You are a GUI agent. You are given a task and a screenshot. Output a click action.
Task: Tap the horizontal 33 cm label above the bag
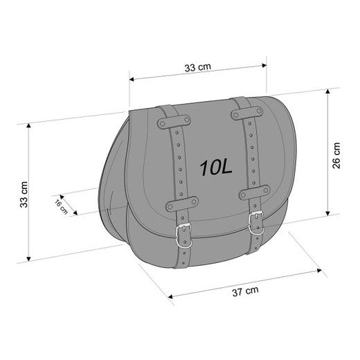(198, 68)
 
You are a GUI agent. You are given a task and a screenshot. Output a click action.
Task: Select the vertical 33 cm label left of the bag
(24, 195)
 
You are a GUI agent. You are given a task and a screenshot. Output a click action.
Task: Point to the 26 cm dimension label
(336, 155)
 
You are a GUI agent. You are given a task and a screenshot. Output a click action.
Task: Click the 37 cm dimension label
(245, 290)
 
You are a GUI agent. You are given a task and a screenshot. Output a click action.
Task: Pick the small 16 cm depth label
(61, 206)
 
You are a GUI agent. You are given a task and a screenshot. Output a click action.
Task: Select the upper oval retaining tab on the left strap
(173, 122)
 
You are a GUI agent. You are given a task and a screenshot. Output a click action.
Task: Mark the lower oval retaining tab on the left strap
(181, 204)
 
